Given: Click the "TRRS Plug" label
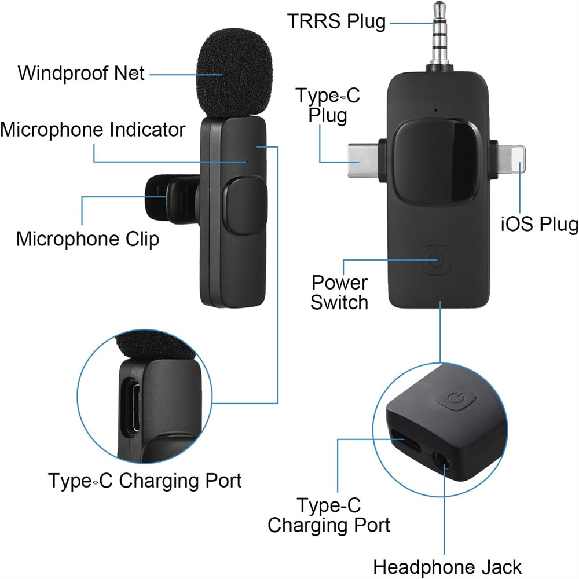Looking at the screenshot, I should click(x=336, y=21).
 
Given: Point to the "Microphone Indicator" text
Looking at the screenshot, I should click(x=93, y=129).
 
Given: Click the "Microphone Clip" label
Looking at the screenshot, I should click(x=87, y=239).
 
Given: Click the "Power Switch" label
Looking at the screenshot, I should click(x=339, y=292).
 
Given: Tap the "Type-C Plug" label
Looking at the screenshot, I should click(x=328, y=105).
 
